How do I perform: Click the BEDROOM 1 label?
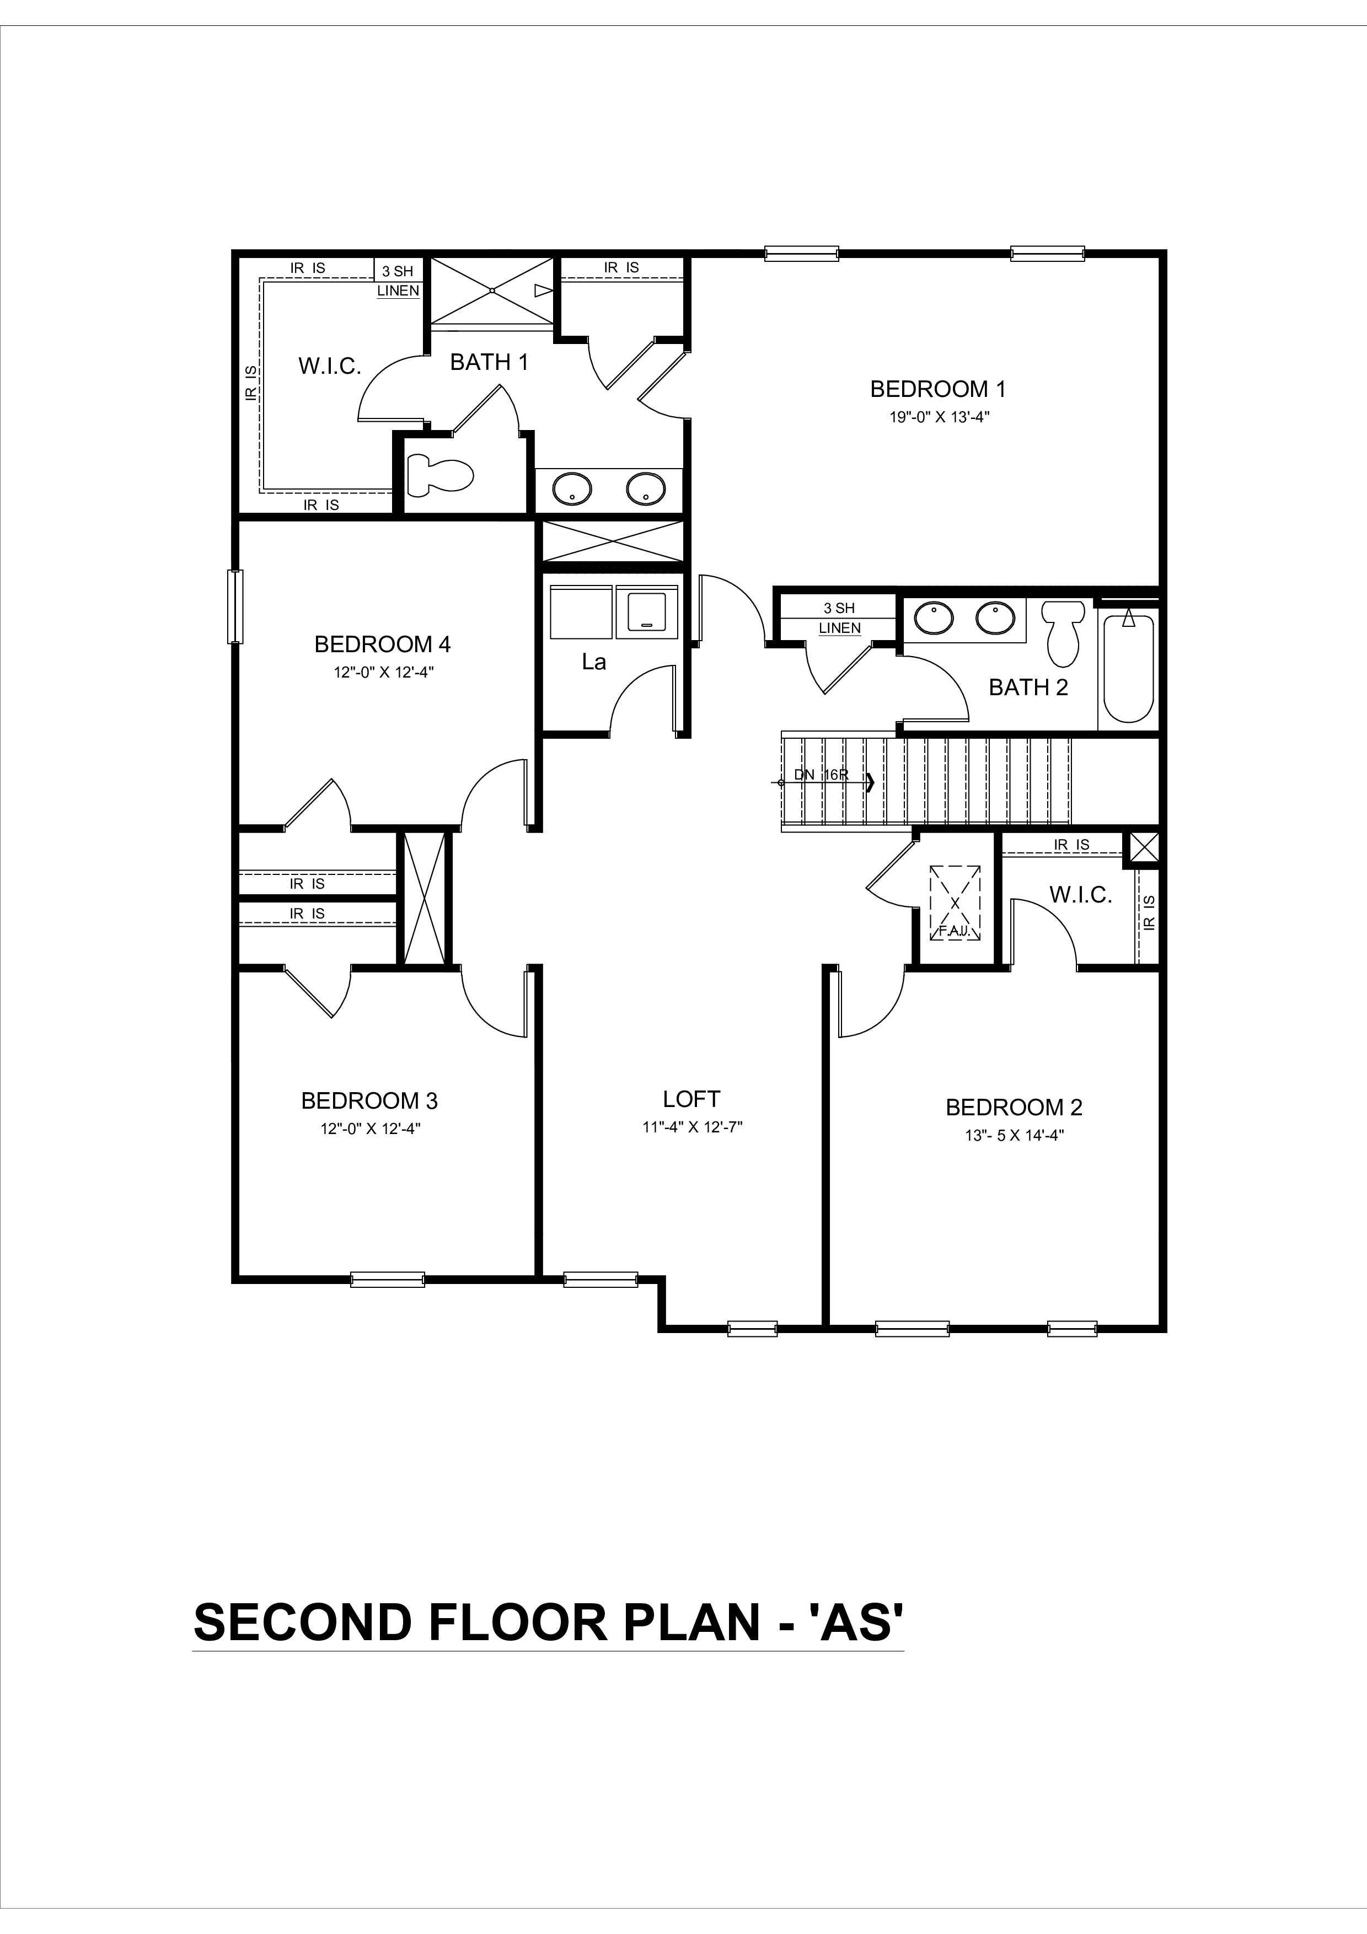point(937,389)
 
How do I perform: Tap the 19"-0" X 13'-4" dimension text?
point(939,417)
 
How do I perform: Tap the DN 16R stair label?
point(821,774)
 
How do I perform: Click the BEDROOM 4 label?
point(382,644)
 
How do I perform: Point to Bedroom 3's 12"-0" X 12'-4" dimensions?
point(370,1129)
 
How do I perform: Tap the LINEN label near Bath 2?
point(840,627)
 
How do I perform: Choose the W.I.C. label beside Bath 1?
point(329,367)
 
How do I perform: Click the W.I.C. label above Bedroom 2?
point(1081,895)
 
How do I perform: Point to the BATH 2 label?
point(1027,687)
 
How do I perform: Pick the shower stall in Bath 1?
point(492,290)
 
